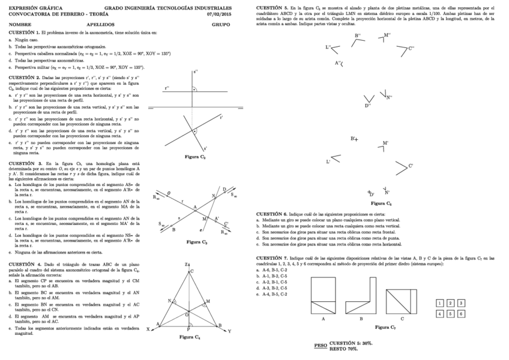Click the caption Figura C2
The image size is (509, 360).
(195, 157)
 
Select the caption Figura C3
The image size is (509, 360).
(196, 242)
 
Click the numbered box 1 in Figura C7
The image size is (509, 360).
(441, 304)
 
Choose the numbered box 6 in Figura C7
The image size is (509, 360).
(461, 314)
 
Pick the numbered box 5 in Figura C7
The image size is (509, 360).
(451, 314)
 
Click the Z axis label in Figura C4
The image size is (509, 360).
(187, 265)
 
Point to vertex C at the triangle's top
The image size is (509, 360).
(191, 271)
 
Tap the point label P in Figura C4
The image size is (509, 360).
(188, 329)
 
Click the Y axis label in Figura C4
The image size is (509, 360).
(229, 331)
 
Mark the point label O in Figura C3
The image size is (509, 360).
(169, 193)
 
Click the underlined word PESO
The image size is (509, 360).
(321, 346)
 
